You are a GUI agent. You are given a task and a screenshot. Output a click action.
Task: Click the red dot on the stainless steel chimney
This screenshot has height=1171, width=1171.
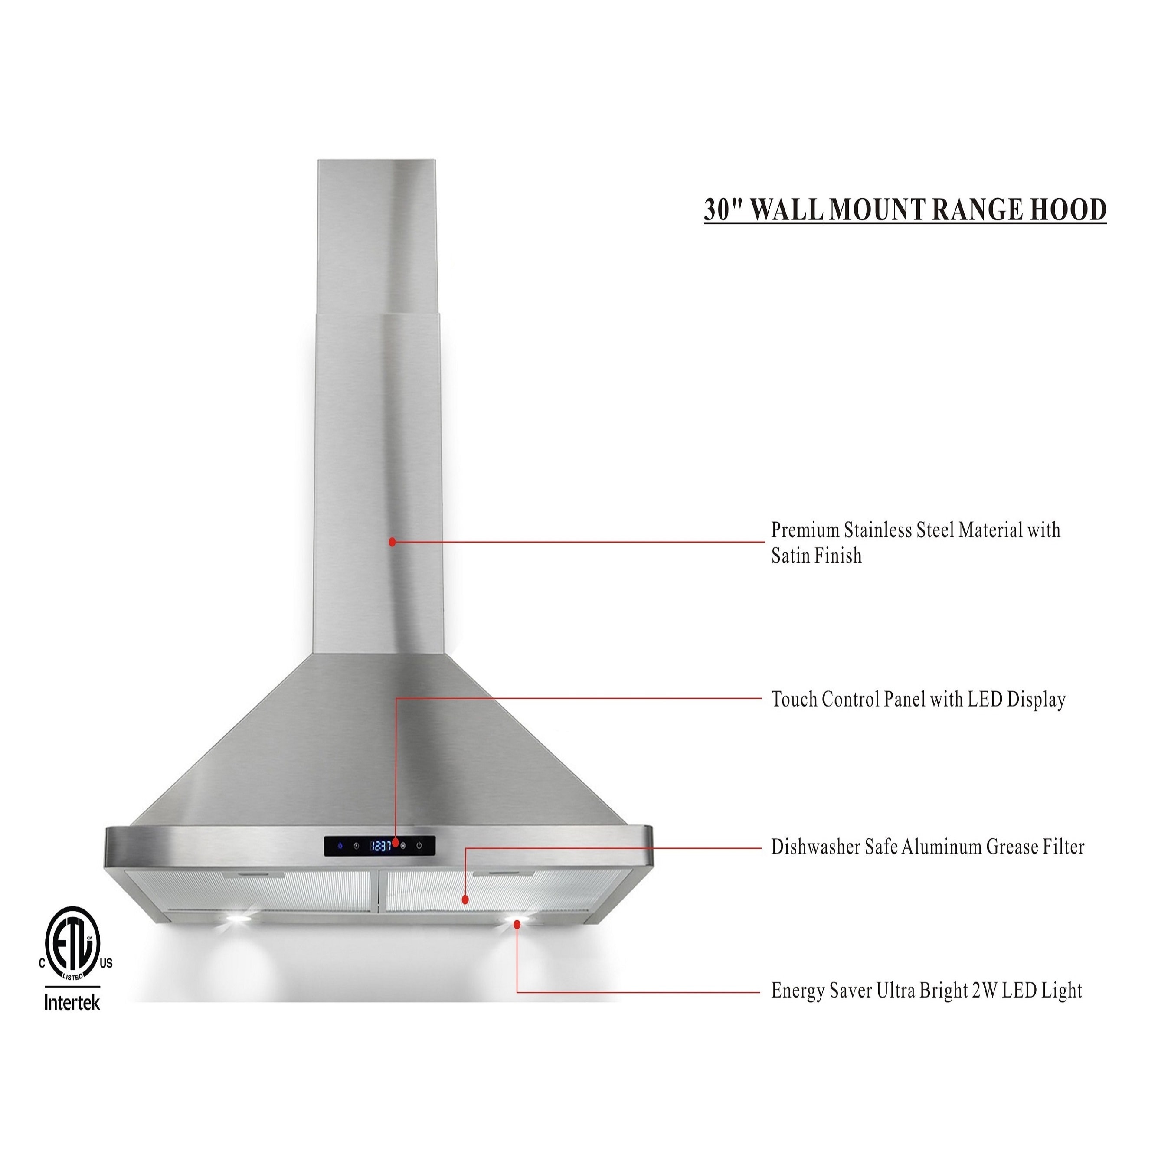(392, 542)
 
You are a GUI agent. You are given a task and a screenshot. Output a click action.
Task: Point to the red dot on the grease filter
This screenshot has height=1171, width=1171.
(465, 900)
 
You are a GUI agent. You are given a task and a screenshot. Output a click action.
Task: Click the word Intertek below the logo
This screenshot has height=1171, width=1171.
(72, 1003)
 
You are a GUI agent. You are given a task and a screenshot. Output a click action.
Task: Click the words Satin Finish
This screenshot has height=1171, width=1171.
(816, 556)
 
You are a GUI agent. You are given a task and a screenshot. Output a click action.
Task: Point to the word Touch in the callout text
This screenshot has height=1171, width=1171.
(793, 700)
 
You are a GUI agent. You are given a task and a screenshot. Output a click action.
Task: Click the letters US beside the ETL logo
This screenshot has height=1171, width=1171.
(106, 964)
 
